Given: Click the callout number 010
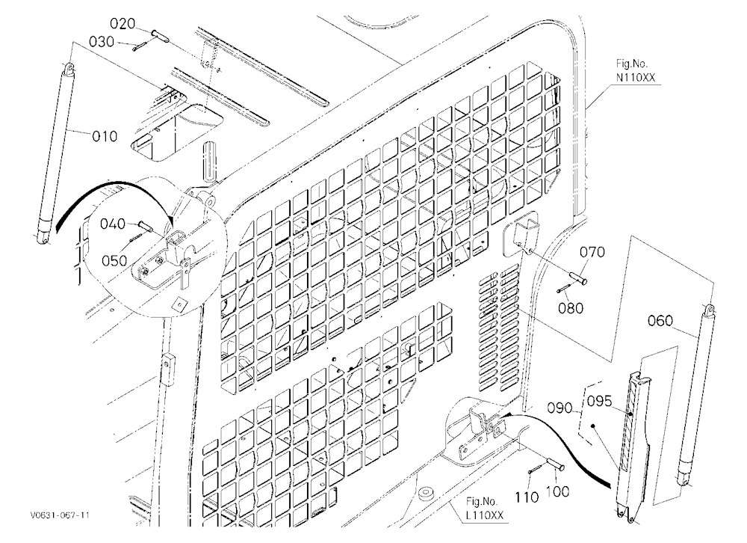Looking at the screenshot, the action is (x=105, y=136).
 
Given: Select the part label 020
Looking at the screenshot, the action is (x=123, y=23).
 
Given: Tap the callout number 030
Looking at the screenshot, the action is (x=102, y=42).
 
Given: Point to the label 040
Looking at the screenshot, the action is (x=113, y=224).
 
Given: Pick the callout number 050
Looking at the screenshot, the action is (x=114, y=260).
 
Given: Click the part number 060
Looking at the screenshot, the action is (x=660, y=321).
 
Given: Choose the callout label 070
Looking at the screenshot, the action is (x=592, y=252).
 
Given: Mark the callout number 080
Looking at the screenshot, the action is (x=571, y=308).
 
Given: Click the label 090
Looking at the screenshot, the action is (x=559, y=408).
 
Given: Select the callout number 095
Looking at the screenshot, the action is (x=599, y=402).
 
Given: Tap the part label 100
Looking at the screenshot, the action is (x=557, y=491).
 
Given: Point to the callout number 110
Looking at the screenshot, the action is (x=527, y=497).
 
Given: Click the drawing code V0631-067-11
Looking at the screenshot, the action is (x=60, y=515).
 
